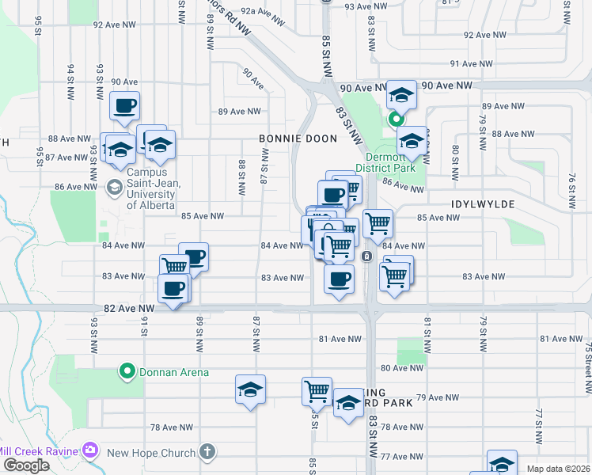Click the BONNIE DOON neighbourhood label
point(298,139)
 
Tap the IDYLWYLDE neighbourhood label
point(483,204)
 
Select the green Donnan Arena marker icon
point(126,370)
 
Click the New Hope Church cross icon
point(207,452)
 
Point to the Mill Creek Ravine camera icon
point(89,450)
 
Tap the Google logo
point(26,465)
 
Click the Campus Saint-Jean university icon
point(114,187)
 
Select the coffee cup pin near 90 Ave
point(125,107)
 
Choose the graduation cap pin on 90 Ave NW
point(401,96)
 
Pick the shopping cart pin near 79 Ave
point(317,389)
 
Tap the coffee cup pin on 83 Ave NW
point(340,279)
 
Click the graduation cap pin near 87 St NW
point(250,389)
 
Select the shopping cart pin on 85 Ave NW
point(378,223)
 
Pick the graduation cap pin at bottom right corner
point(502,463)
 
